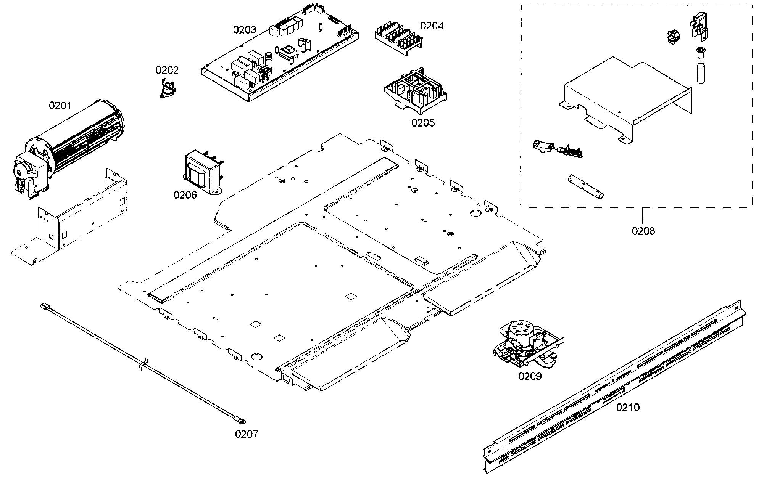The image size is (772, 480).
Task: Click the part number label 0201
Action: [60, 105]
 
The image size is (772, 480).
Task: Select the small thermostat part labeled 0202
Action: [166, 90]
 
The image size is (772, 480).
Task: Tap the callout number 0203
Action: [245, 30]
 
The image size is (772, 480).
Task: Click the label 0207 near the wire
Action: [247, 434]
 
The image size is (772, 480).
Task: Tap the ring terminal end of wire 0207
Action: [241, 421]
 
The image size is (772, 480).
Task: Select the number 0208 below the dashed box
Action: [643, 231]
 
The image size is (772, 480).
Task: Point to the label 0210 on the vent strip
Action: [628, 407]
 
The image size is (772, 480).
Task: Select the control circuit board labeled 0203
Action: [279, 57]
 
